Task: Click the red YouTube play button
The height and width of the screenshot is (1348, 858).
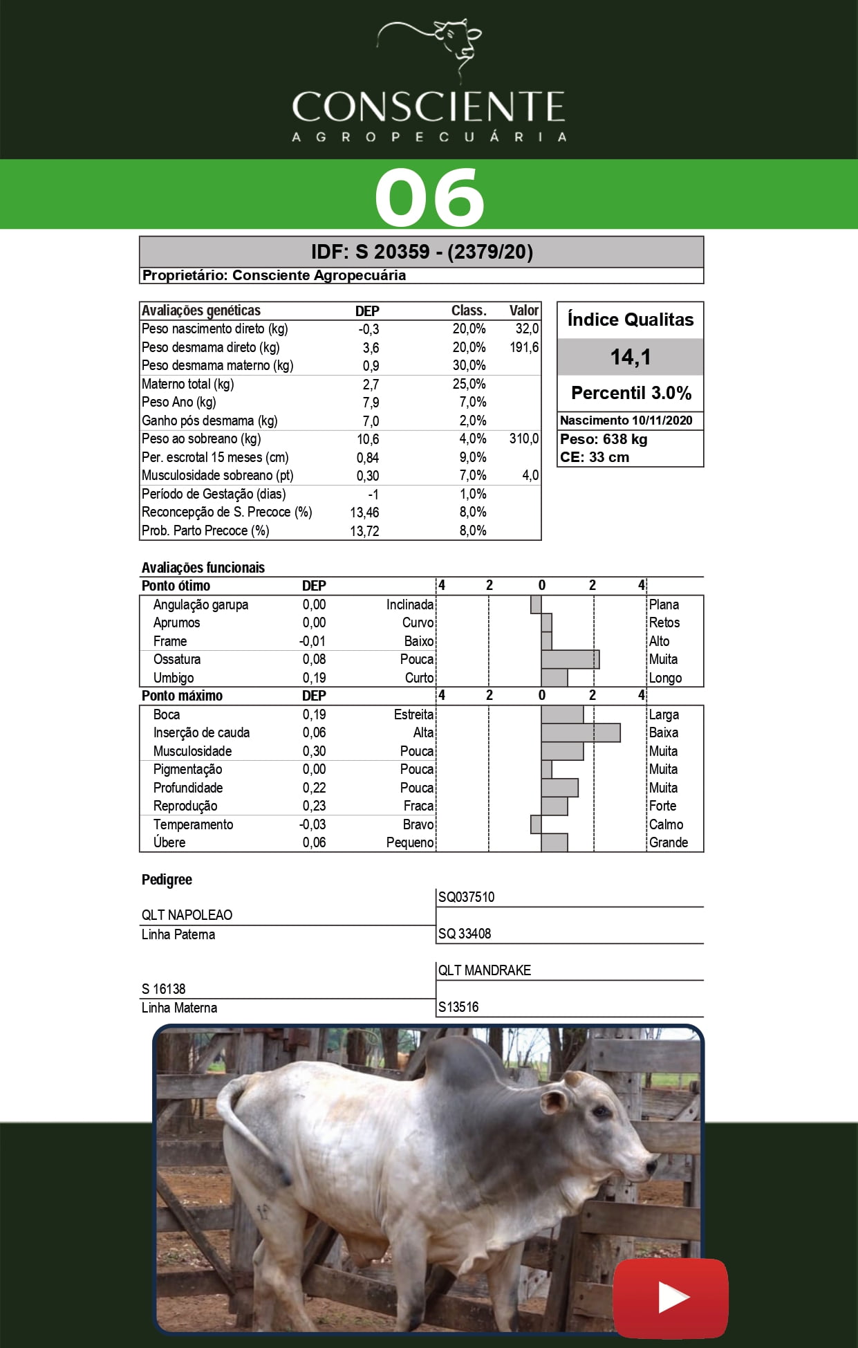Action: (671, 1298)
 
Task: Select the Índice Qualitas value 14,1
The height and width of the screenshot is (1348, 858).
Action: (631, 357)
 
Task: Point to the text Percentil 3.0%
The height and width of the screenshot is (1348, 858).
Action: (631, 393)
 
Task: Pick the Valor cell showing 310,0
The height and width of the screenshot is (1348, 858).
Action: (523, 438)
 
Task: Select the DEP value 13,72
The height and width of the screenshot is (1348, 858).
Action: (364, 530)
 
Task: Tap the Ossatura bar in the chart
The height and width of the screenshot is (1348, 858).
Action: (570, 659)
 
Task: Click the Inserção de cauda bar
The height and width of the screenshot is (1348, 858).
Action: (580, 732)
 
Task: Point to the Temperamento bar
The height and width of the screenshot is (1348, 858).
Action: (536, 824)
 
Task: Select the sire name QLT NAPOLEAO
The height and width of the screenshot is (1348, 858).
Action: (187, 914)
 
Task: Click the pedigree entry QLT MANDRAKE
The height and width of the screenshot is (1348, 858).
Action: (484, 970)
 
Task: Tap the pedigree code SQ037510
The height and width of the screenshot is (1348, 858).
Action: (466, 897)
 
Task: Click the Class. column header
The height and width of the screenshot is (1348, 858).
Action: (469, 311)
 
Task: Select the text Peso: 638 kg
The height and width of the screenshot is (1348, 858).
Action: (603, 439)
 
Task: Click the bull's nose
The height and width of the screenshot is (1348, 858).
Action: (652, 1165)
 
